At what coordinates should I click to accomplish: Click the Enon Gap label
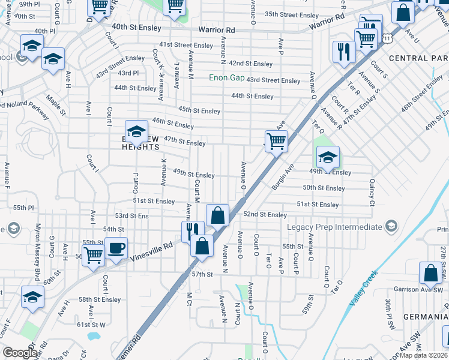click(226, 78)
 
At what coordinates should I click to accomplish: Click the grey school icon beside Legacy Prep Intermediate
click(391, 226)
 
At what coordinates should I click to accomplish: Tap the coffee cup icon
click(116, 248)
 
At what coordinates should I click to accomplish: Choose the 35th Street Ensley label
click(291, 14)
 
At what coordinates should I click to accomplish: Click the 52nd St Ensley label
click(265, 214)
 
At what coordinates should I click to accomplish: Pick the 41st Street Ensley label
click(186, 46)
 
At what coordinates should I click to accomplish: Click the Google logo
click(20, 353)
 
